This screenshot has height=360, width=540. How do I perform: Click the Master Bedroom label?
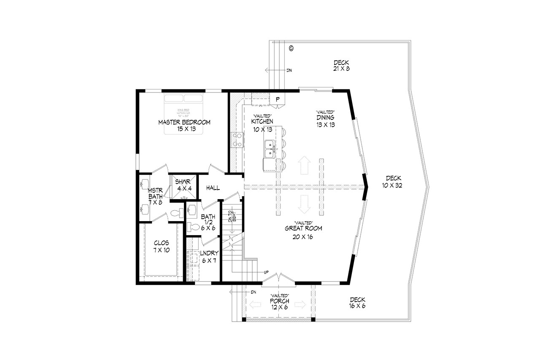(x=184, y=125)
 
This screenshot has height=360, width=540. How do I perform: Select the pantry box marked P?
(x=278, y=99)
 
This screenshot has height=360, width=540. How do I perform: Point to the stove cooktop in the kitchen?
(x=237, y=140)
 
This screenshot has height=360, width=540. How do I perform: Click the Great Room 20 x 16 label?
(x=303, y=233)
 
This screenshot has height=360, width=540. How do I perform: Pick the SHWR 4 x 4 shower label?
(x=184, y=185)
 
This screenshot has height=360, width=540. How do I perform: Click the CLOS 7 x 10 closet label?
(x=161, y=246)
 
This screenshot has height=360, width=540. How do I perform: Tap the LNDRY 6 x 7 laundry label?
(x=209, y=257)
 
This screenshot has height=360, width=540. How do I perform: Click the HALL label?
(x=213, y=188)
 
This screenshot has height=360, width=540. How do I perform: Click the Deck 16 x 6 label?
(x=357, y=303)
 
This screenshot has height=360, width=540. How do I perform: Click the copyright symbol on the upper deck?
(x=291, y=49)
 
